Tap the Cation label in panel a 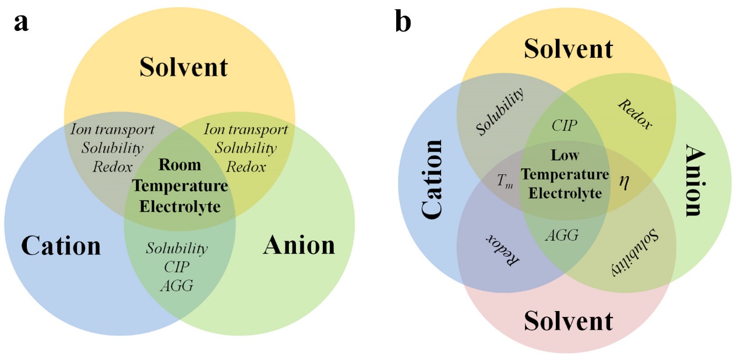61,246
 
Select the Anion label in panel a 299,246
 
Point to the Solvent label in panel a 184,68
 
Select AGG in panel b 562,235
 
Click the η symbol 624,181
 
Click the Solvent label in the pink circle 568,321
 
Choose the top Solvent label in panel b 568,49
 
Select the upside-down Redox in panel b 502,250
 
